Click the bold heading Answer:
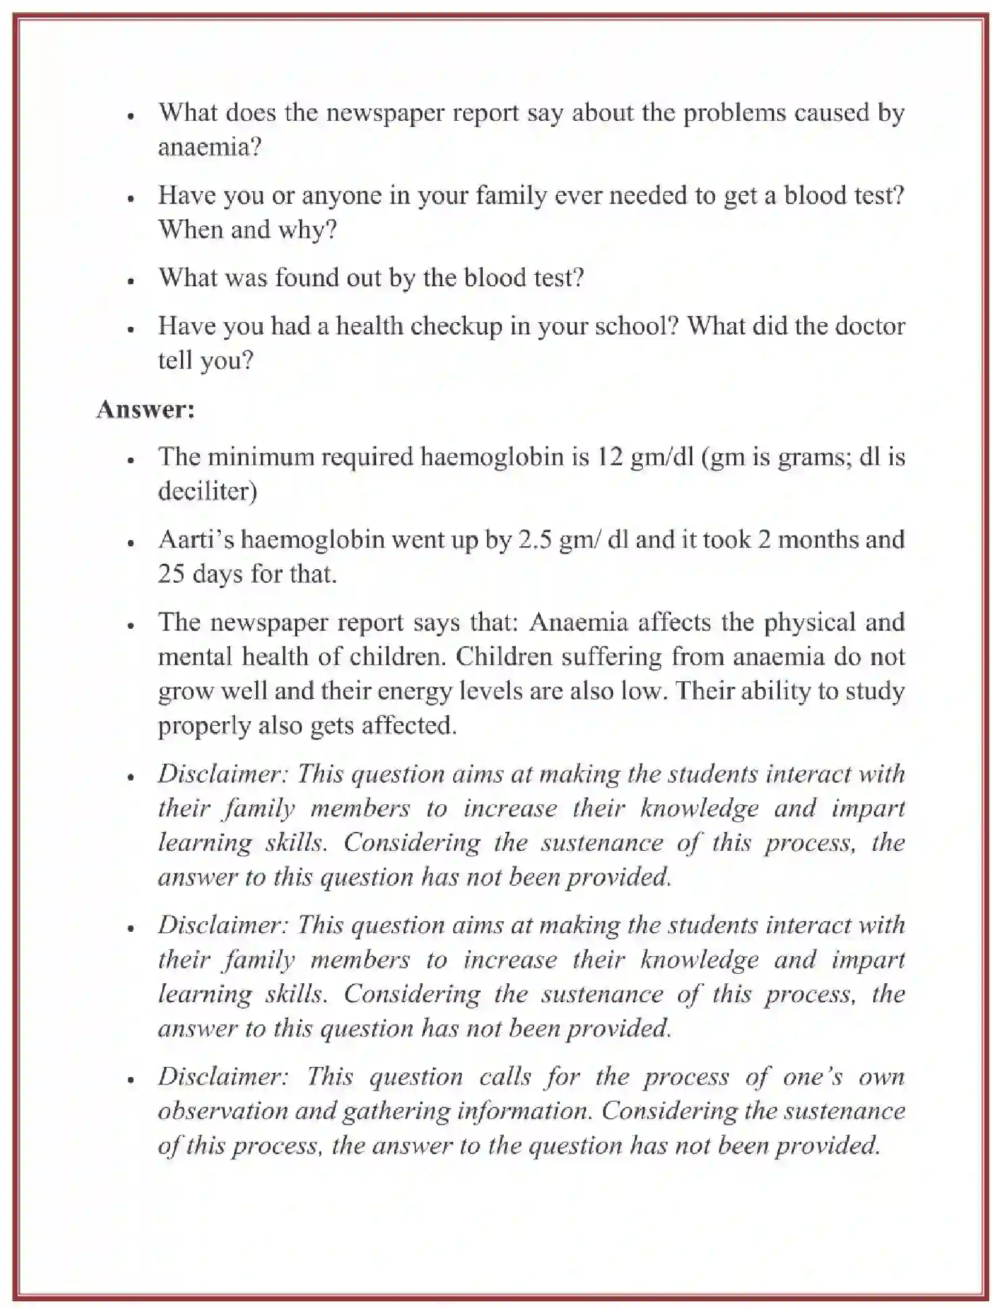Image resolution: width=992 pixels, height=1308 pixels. tap(145, 409)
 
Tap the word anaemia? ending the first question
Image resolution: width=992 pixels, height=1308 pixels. tap(209, 147)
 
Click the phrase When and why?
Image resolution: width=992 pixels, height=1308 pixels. tap(247, 230)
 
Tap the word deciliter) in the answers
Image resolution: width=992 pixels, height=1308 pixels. tap(207, 492)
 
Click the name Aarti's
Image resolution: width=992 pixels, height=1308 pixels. tap(196, 540)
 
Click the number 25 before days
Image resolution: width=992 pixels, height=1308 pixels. tap(172, 575)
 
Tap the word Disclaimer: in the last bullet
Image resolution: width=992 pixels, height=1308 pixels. tap(223, 1077)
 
